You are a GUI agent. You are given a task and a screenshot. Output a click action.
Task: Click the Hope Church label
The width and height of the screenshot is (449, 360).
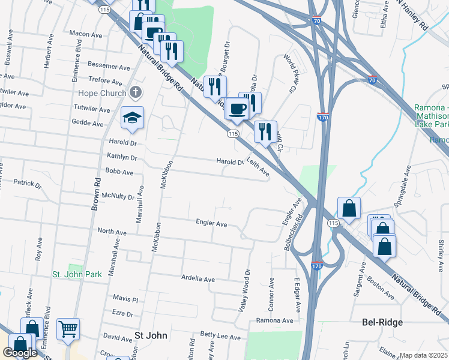click(101, 93)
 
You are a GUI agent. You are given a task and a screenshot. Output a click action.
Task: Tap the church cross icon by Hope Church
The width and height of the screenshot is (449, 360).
click(136, 93)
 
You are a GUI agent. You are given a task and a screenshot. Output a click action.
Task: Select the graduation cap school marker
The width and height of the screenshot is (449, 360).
click(132, 118)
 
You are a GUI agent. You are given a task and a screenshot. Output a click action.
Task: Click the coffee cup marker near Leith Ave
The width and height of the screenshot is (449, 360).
click(237, 109)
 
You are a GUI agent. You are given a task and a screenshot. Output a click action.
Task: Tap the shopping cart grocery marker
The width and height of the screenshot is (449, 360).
click(68, 328)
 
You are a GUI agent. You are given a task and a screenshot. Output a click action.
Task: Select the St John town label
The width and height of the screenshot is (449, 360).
click(151, 335)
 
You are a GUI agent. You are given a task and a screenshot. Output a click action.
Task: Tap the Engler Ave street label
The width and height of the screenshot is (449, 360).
click(211, 223)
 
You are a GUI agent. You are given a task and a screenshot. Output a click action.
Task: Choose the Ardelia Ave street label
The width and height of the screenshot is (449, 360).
click(198, 279)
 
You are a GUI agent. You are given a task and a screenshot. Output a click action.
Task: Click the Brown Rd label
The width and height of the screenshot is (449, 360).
click(95, 194)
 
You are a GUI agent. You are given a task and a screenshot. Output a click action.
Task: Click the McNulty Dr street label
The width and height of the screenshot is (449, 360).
click(119, 196)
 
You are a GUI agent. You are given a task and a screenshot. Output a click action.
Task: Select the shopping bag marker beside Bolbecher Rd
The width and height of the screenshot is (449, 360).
click(349, 208)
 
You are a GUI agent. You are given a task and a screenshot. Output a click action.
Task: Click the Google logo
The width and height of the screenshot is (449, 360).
click(20, 353)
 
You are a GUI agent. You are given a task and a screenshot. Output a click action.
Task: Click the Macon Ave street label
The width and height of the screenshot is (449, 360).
click(83, 34)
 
